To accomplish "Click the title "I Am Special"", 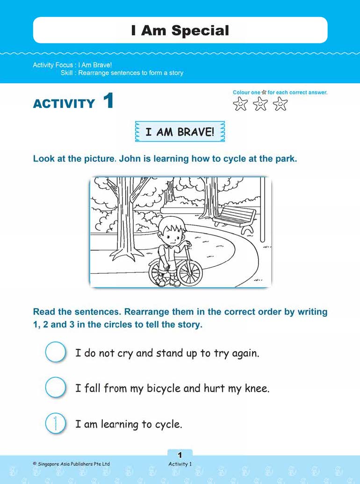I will [x=180, y=31].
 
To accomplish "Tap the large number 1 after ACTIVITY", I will [x=108, y=101].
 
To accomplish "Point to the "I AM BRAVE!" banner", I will [x=180, y=132].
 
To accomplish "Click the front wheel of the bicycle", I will [x=190, y=271].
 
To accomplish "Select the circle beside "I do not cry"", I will [x=55, y=352].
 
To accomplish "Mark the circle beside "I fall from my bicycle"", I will [x=55, y=388].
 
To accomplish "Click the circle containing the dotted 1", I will [x=55, y=423].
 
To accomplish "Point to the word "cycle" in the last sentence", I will [x=167, y=425].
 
